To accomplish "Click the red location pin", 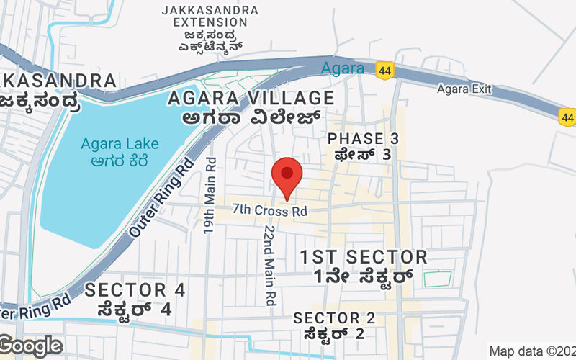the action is [x=287, y=176].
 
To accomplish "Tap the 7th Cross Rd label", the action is [x=269, y=211].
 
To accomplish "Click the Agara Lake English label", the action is [x=109, y=143].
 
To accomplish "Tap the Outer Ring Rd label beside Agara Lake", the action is [x=161, y=199].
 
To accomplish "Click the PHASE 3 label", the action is [x=363, y=138].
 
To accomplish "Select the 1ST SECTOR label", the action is [x=364, y=257].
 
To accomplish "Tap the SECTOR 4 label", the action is [x=135, y=290].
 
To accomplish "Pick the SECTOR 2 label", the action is [x=334, y=318].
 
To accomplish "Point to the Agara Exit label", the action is [x=464, y=89].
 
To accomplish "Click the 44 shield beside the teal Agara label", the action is [x=383, y=70].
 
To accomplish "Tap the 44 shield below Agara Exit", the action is [x=567, y=116].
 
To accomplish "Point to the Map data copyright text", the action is [x=532, y=351].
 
